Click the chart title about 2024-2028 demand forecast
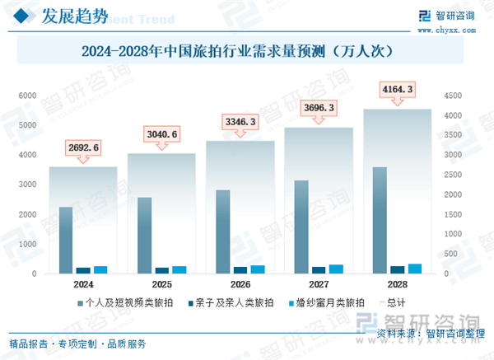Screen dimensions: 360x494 (246, 51)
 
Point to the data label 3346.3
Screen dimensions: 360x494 (240, 123)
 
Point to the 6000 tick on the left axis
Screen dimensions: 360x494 (28, 96)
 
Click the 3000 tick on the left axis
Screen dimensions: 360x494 (28, 185)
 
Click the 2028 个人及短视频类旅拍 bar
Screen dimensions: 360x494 (379, 220)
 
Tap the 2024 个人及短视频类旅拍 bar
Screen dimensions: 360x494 (65, 240)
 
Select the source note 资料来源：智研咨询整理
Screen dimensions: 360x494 (428, 333)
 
